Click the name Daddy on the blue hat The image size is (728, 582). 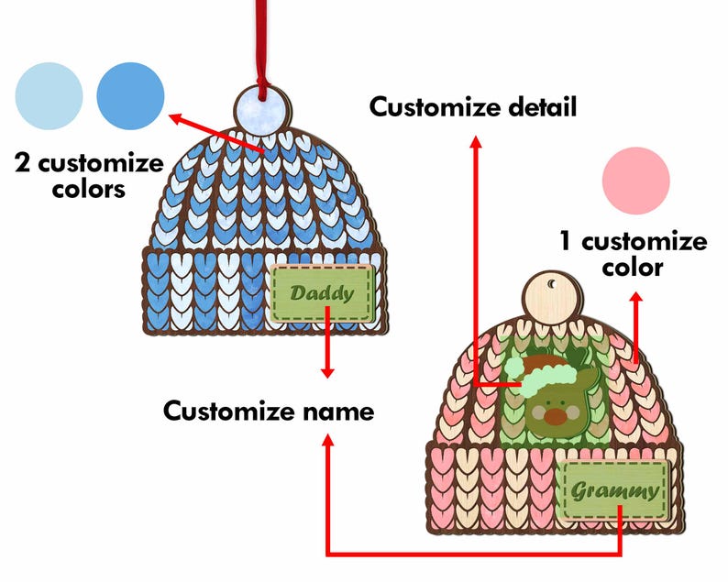tap(322, 294)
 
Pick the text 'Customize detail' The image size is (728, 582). tap(473, 107)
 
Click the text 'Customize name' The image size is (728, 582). tap(269, 412)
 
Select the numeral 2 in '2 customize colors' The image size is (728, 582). tap(23, 165)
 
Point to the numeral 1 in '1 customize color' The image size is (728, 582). tap(568, 242)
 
